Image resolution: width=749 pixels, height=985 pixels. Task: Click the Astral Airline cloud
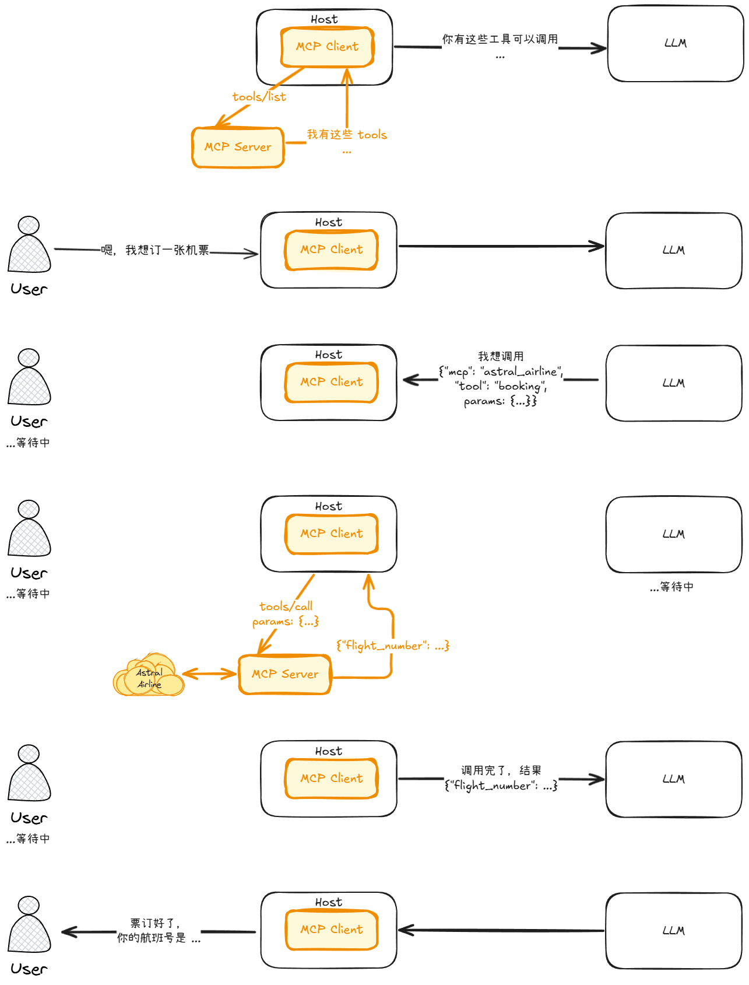(x=149, y=676)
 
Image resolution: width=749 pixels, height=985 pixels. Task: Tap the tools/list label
(x=259, y=97)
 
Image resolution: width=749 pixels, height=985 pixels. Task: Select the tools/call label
(x=286, y=607)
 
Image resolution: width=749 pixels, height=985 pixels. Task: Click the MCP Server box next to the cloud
(x=285, y=674)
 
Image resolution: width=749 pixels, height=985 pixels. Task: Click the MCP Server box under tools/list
(x=238, y=147)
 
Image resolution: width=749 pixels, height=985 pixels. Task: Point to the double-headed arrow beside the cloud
(x=210, y=674)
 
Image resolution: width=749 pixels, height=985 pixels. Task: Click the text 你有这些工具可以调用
(x=500, y=39)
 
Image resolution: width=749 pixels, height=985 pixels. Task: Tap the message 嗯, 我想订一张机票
(x=155, y=250)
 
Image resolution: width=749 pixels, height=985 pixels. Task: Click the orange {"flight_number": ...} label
(x=392, y=646)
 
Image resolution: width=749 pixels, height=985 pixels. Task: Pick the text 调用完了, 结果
(x=501, y=770)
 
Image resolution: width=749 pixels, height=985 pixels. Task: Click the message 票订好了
(x=154, y=923)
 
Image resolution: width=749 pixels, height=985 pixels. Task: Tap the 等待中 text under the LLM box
(x=672, y=587)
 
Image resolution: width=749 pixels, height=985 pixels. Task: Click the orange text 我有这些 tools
(x=347, y=135)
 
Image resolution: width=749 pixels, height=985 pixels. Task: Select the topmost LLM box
(x=676, y=44)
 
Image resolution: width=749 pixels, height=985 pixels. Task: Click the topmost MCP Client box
(x=327, y=47)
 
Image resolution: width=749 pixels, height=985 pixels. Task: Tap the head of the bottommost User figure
(x=29, y=905)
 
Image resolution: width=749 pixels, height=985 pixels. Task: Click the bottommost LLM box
(x=674, y=931)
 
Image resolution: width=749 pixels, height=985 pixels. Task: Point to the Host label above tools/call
(x=329, y=506)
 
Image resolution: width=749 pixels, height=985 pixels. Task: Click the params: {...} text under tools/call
(x=286, y=622)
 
